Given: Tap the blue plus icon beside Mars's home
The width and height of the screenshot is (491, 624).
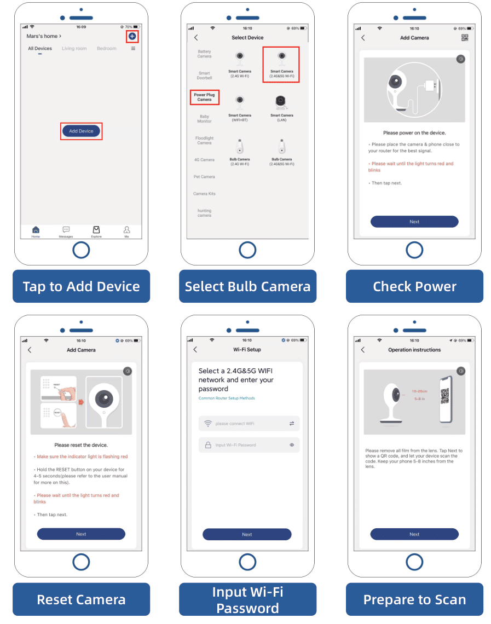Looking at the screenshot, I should click(132, 36).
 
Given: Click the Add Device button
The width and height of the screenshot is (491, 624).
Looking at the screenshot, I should click(81, 131).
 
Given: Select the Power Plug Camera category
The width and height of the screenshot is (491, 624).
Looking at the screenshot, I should click(204, 97).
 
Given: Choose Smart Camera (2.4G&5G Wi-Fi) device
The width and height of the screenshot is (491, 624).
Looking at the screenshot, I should click(281, 64).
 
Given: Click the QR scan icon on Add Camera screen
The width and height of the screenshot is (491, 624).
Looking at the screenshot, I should click(465, 38).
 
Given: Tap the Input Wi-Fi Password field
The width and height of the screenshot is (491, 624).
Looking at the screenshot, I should click(249, 445).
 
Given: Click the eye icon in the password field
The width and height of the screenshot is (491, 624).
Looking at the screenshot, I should click(292, 445).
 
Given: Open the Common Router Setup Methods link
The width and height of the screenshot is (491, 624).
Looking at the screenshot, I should click(227, 398).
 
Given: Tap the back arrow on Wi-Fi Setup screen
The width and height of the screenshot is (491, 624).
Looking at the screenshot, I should click(196, 350).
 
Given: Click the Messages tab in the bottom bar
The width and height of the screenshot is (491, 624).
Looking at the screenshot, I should click(66, 232).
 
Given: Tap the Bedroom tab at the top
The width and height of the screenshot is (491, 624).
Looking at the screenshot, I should click(107, 49).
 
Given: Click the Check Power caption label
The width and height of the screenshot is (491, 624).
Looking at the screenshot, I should click(414, 286).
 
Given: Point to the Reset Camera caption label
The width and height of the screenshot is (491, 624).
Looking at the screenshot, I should click(81, 599).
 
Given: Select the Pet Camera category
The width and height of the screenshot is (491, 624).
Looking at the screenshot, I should click(204, 177).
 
